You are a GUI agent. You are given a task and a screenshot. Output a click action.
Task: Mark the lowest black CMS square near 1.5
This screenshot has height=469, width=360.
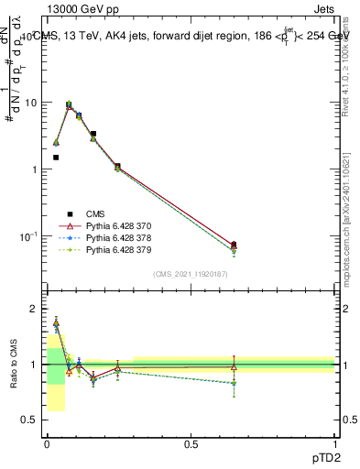pyautogui.click(x=56, y=158)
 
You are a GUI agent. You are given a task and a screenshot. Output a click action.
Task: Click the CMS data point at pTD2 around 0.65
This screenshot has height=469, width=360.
pyautogui.click(x=234, y=245)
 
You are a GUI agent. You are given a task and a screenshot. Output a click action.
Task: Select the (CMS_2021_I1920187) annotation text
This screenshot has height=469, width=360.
pyautogui.click(x=190, y=274)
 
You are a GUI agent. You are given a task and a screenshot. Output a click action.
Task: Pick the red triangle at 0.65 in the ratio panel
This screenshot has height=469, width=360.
pyautogui.click(x=234, y=366)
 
